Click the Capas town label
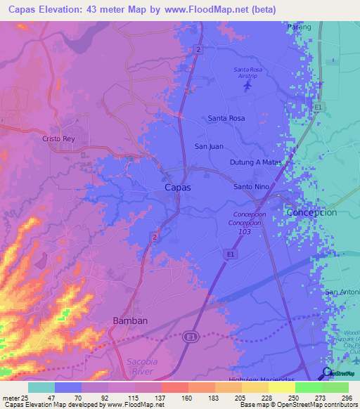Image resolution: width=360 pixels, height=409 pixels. pyautogui.click(x=176, y=188)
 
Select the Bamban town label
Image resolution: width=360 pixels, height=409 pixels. pyautogui.click(x=130, y=320)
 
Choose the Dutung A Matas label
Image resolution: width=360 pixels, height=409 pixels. pyautogui.click(x=255, y=162)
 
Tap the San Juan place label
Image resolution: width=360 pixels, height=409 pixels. pyautogui.click(x=209, y=146)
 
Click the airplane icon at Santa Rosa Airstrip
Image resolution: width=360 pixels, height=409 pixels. pyautogui.click(x=246, y=86)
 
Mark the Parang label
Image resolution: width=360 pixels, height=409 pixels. pyautogui.click(x=300, y=26)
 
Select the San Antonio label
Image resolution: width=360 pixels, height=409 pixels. pyautogui.click(x=341, y=292)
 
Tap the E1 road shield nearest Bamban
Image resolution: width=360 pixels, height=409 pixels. pyautogui.click(x=189, y=338)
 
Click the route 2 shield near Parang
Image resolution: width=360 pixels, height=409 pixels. pyautogui.click(x=199, y=48)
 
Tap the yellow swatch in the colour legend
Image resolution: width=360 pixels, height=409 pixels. pyautogui.click(x=281, y=387)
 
